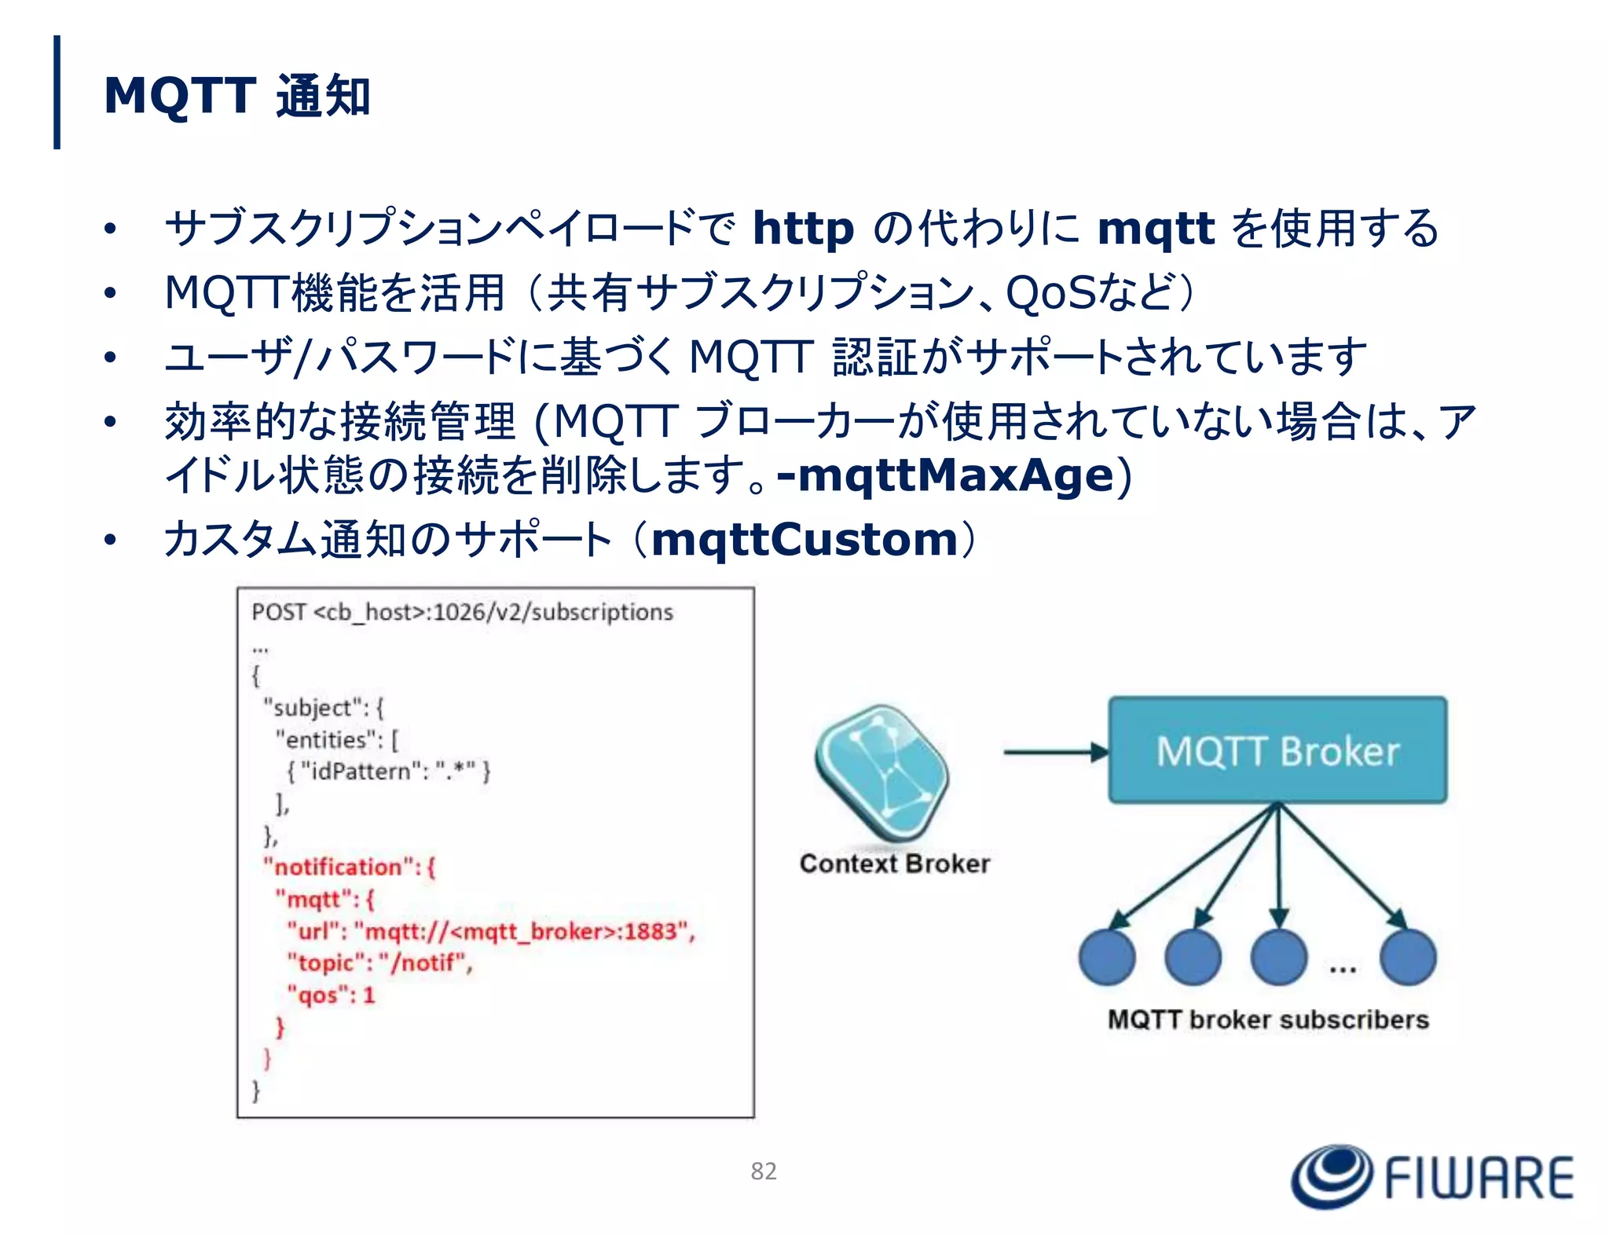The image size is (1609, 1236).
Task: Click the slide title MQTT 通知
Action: (x=236, y=96)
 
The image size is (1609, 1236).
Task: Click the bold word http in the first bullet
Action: (x=802, y=229)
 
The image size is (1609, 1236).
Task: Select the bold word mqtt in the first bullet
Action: (x=1155, y=229)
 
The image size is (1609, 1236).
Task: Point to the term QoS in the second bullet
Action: (x=1050, y=293)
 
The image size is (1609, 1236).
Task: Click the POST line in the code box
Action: (x=462, y=612)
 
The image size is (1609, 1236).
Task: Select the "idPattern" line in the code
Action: (x=388, y=772)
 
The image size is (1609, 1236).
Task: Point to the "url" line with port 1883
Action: (x=491, y=932)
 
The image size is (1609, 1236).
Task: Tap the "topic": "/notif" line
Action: (x=379, y=963)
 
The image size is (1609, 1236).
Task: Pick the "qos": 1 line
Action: (x=331, y=996)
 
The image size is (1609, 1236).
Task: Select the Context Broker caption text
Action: (x=894, y=864)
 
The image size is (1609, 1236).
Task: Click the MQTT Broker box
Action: (x=1277, y=750)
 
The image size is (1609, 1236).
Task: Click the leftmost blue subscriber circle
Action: (x=1107, y=957)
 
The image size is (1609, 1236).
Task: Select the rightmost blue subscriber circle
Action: (x=1408, y=957)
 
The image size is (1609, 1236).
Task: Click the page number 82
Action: (x=763, y=1172)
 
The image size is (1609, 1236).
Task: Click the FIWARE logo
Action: (x=1432, y=1177)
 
